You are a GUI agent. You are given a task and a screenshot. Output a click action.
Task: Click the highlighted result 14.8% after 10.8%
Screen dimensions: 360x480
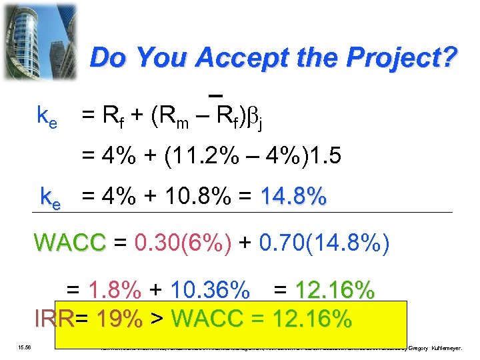pos(294,197)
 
